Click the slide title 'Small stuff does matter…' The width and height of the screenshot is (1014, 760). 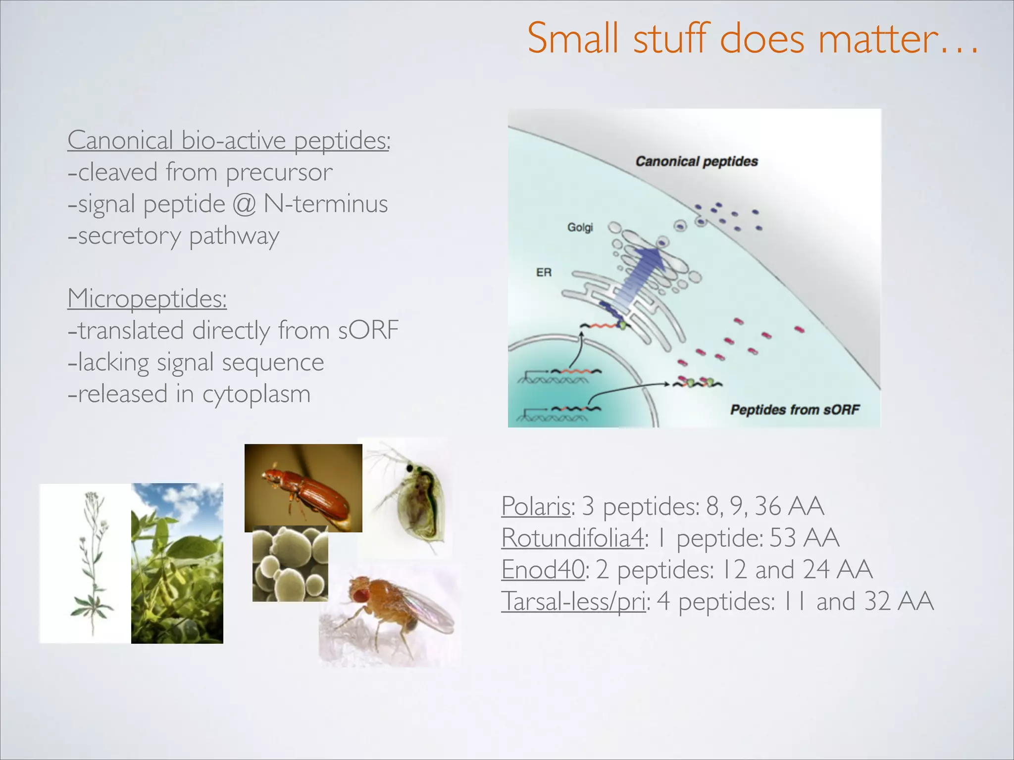point(753,39)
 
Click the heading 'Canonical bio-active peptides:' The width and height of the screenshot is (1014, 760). point(229,140)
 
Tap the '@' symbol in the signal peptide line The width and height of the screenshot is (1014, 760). point(244,204)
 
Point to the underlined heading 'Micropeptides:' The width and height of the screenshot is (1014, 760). point(147,298)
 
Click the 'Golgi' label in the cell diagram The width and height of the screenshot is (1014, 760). point(580,227)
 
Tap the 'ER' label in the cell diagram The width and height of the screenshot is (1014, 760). point(544,272)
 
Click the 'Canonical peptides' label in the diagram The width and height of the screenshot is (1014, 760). point(697,161)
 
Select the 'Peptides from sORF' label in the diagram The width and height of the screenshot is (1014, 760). point(794,410)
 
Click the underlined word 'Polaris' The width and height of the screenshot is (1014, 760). point(536,506)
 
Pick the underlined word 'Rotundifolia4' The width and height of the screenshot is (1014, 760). point(572,538)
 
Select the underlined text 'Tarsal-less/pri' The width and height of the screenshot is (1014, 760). point(573,602)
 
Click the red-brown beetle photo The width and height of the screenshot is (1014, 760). point(303,487)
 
